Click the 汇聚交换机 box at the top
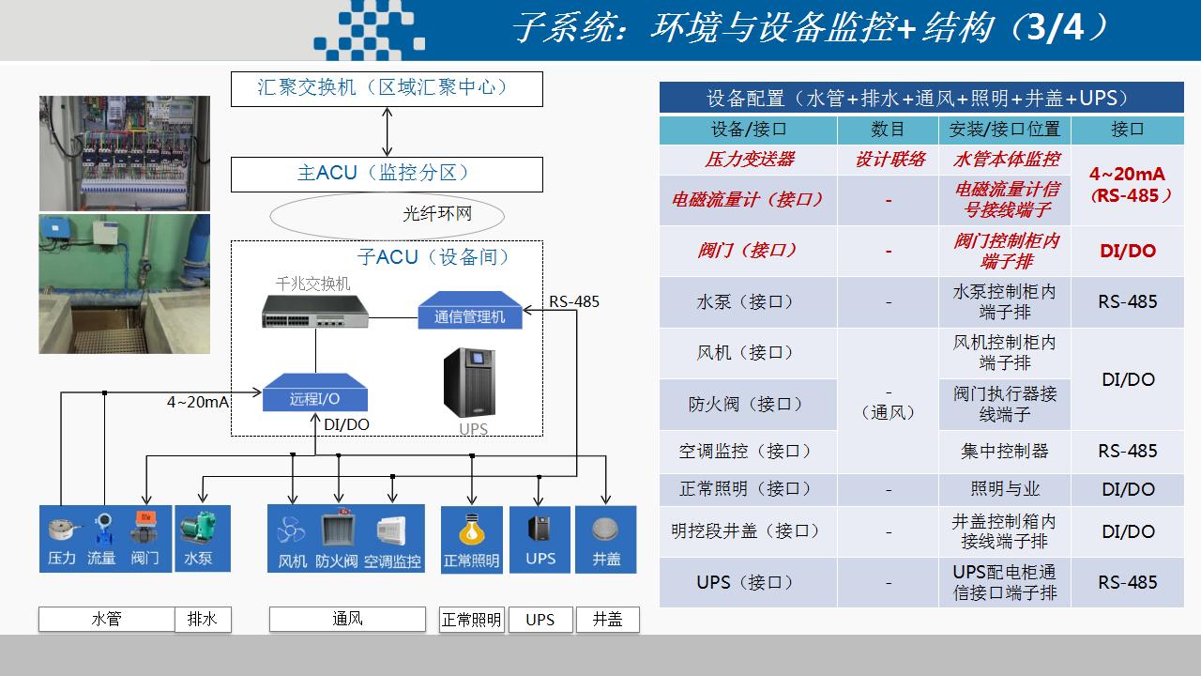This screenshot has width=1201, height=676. tap(387, 88)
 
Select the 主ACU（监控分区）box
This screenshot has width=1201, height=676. tap(387, 174)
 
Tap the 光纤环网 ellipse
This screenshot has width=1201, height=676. tap(387, 215)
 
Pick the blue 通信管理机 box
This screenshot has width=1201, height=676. tap(469, 312)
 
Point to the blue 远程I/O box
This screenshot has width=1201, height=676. tap(315, 394)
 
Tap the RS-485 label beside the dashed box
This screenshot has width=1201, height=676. tap(574, 301)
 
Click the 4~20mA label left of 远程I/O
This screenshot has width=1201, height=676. tap(198, 402)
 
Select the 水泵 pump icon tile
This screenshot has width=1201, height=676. tap(198, 539)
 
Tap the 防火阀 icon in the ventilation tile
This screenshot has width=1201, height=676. tap(337, 539)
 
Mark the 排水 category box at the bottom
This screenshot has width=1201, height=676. tap(203, 620)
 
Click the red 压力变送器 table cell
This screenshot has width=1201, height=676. tap(749, 160)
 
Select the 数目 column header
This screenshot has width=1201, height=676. tap(888, 129)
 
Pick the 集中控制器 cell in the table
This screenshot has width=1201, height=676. tap(1004, 451)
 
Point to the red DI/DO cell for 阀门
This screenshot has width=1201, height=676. tap(1128, 251)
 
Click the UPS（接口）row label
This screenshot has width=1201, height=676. tap(745, 582)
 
